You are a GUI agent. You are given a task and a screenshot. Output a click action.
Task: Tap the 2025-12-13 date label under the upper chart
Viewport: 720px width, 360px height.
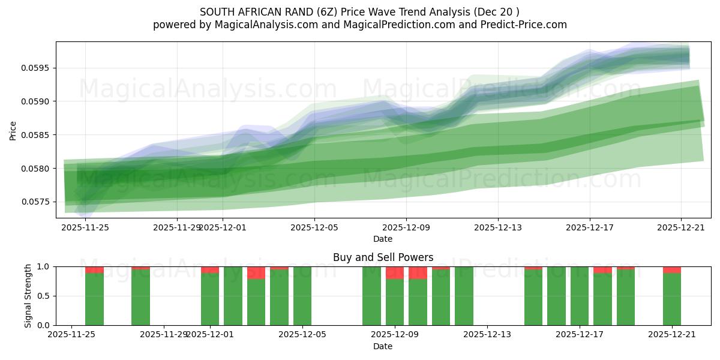(497, 227)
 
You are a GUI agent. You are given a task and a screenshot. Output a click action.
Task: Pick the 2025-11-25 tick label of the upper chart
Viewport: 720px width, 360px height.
(85, 227)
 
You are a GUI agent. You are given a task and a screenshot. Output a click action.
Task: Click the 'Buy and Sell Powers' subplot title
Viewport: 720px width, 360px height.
(383, 257)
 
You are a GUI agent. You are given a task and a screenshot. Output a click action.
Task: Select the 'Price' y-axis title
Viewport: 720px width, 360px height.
(13, 130)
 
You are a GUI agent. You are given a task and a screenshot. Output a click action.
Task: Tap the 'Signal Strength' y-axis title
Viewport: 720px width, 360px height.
(28, 296)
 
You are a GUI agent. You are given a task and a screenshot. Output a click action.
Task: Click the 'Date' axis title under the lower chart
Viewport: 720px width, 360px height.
(383, 346)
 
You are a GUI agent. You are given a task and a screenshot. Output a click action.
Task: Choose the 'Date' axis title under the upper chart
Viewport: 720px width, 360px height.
(383, 239)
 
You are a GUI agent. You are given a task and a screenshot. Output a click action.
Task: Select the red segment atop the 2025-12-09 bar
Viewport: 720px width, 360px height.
(395, 273)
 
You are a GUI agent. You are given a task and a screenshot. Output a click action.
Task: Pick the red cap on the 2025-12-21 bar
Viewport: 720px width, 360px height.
(672, 270)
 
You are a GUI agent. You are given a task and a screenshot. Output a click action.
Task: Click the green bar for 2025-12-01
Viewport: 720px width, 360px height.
(210, 299)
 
